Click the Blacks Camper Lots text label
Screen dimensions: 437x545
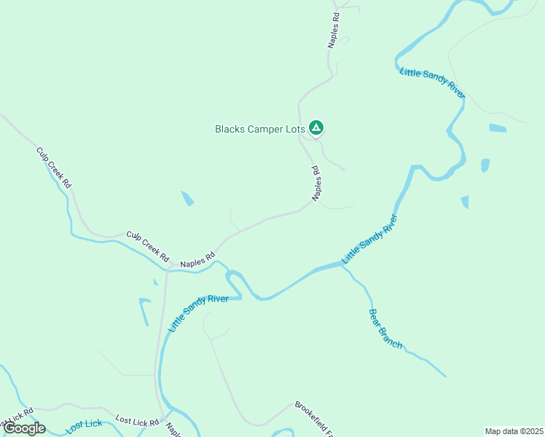coord(259,129)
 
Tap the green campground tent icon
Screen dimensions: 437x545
coord(316,128)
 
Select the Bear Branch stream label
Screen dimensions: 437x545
coord(385,328)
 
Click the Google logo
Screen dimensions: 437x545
coord(24,428)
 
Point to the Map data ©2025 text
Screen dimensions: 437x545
coord(513,431)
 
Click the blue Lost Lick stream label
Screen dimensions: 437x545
coord(85,427)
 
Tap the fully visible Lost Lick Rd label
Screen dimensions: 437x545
coord(137,421)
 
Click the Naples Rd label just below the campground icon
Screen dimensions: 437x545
coord(317,184)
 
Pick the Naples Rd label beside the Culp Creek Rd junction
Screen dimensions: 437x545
coord(198,259)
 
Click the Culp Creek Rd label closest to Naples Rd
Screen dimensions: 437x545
coord(148,246)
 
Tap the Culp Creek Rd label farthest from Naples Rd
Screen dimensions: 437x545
coord(54,168)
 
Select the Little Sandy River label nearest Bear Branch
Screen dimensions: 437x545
coord(371,239)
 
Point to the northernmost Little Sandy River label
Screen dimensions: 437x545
coord(432,83)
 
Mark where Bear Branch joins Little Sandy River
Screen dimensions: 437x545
coord(342,267)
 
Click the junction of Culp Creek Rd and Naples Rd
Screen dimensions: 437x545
coord(170,267)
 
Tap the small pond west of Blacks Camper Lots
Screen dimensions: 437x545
coord(187,198)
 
